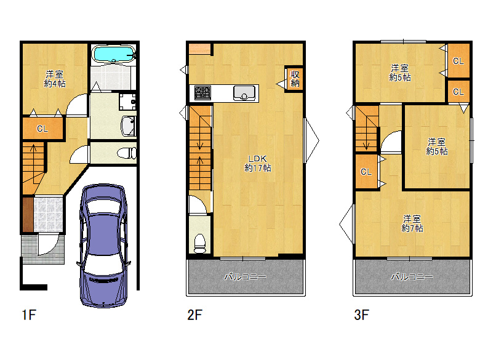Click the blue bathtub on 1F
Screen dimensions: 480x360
(114, 54)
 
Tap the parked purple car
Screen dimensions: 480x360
(104, 245)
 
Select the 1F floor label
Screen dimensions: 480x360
(29, 314)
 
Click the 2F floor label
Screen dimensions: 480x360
(194, 314)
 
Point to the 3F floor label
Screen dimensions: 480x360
(361, 314)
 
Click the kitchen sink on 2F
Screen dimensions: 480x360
(244, 93)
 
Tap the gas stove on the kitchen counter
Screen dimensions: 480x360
(202, 93)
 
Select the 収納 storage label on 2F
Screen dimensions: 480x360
(295, 79)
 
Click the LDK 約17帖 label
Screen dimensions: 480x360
(257, 163)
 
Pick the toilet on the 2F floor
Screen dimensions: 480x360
(200, 243)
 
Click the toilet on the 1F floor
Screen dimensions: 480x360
(127, 153)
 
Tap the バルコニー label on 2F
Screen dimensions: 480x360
(245, 277)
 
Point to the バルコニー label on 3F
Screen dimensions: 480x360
(412, 277)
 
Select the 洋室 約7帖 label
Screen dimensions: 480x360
(412, 223)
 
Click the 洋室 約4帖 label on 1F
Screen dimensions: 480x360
(55, 79)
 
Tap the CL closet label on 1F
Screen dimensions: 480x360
(42, 129)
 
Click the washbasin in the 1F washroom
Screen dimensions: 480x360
(129, 126)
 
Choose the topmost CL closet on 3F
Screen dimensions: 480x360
(458, 61)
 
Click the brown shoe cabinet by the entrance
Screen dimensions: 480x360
(28, 214)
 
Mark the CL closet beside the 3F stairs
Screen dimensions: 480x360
(366, 172)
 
